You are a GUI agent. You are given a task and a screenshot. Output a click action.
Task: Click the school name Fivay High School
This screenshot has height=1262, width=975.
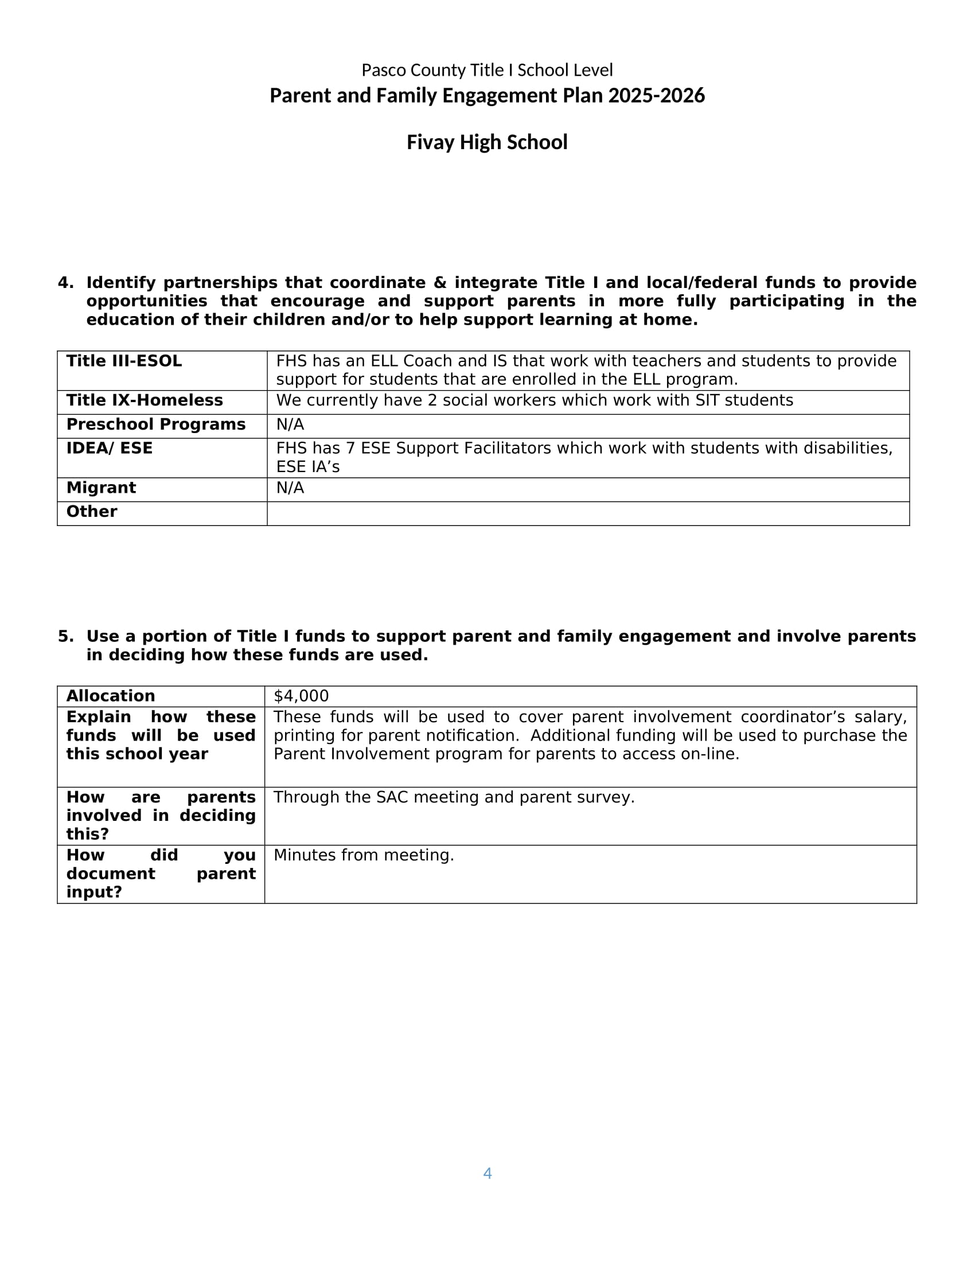(487, 142)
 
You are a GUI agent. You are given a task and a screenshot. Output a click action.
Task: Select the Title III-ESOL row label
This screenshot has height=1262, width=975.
(124, 361)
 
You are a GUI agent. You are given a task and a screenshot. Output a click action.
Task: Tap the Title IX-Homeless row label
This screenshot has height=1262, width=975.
(145, 400)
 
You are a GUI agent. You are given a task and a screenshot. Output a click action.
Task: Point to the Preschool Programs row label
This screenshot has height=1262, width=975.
(155, 424)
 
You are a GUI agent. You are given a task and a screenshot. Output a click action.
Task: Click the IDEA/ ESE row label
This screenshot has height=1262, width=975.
(109, 449)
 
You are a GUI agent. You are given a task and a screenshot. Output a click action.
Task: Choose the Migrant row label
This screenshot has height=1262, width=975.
(101, 488)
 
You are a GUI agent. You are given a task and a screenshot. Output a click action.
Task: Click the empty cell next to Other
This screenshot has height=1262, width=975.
(587, 513)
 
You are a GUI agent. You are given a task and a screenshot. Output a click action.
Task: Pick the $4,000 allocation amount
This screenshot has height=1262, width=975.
(301, 696)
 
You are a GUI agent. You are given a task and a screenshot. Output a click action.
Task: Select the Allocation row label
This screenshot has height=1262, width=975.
(110, 696)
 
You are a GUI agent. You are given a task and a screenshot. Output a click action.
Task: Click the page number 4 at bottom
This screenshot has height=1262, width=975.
(487, 1173)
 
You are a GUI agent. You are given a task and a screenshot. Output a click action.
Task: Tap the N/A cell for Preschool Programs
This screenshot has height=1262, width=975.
(290, 424)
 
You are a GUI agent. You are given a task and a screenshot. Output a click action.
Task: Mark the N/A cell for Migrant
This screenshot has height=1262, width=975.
(290, 488)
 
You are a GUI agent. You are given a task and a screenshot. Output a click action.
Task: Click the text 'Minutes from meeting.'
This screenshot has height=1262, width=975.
(363, 855)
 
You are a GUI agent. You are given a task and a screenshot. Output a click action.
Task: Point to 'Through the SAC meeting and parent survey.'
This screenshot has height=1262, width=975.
(454, 797)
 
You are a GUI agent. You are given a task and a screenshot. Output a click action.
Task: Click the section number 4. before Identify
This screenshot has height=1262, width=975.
(65, 283)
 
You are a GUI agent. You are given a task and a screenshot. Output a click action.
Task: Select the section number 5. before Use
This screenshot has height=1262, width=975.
(65, 636)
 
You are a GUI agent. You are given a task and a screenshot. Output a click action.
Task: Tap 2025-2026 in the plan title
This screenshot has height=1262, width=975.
(656, 95)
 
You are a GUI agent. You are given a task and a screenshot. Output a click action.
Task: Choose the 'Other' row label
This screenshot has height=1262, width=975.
(91, 511)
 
